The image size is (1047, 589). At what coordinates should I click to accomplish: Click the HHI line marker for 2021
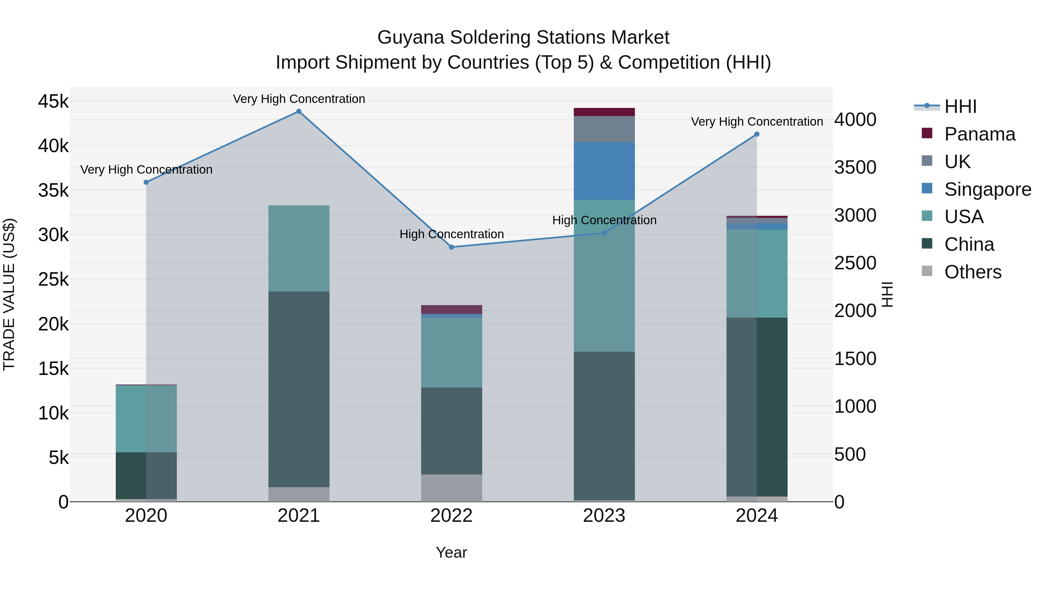pos(299,111)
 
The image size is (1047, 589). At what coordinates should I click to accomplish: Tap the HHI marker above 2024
pos(756,134)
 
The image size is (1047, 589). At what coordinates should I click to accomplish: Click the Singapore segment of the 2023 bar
pos(604,171)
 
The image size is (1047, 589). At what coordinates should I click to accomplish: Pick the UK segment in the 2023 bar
pos(604,129)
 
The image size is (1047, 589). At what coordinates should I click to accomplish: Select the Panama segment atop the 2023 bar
pos(604,112)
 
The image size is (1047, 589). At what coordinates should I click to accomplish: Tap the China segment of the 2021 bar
pos(299,389)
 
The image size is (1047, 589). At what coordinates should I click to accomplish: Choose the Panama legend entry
pos(980,134)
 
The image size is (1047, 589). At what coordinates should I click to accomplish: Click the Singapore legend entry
pos(987,189)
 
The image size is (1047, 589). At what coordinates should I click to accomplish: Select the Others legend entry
pos(973,272)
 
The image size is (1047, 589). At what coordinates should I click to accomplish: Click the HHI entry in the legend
pos(960,106)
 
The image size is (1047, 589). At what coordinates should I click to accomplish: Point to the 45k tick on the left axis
pos(53,101)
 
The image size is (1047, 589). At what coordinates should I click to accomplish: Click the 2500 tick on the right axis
pos(855,263)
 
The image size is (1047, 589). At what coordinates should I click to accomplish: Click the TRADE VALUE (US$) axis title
pos(9,294)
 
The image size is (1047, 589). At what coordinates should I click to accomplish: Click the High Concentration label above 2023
pos(604,220)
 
